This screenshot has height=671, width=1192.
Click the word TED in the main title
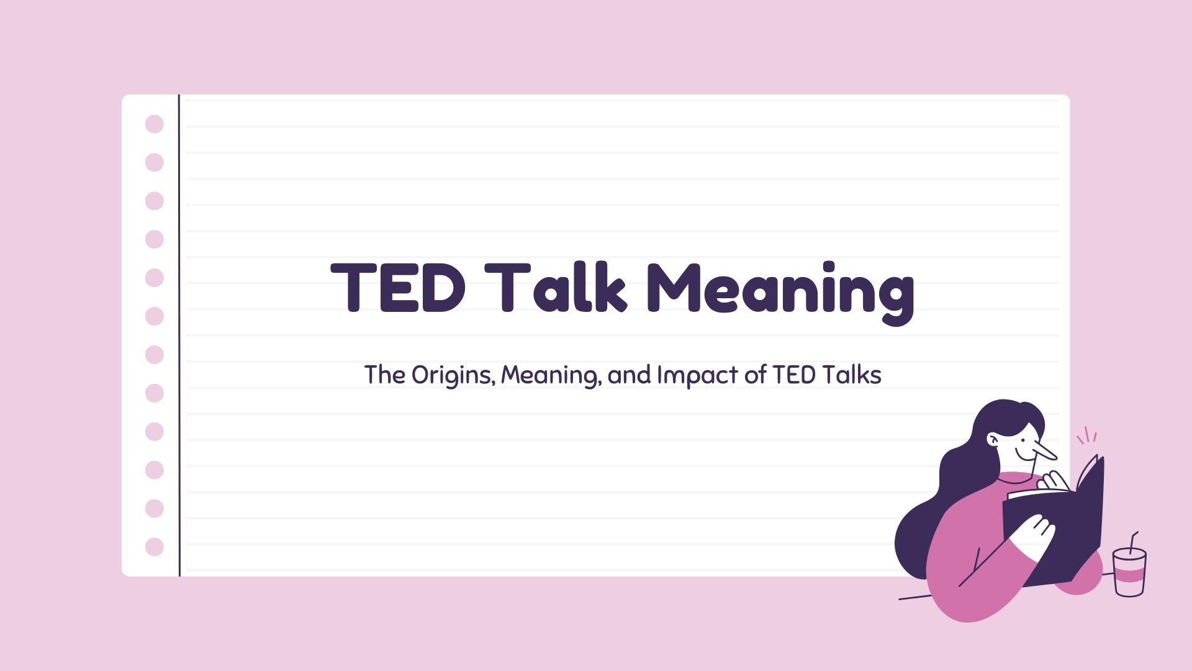[x=398, y=288]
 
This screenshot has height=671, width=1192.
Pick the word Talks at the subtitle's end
[x=852, y=375]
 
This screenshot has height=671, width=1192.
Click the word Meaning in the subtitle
[x=549, y=376]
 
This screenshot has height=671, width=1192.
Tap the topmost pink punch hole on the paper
[x=155, y=124]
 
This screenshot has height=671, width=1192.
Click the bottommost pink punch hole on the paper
[x=155, y=547]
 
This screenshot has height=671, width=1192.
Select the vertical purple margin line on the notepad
[x=179, y=335]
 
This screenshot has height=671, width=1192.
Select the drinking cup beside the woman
[x=1129, y=572]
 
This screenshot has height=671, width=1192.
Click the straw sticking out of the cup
[x=1134, y=542]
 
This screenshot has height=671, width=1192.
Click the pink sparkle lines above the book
[x=1087, y=436]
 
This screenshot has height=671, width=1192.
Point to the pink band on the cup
[x=1129, y=575]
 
